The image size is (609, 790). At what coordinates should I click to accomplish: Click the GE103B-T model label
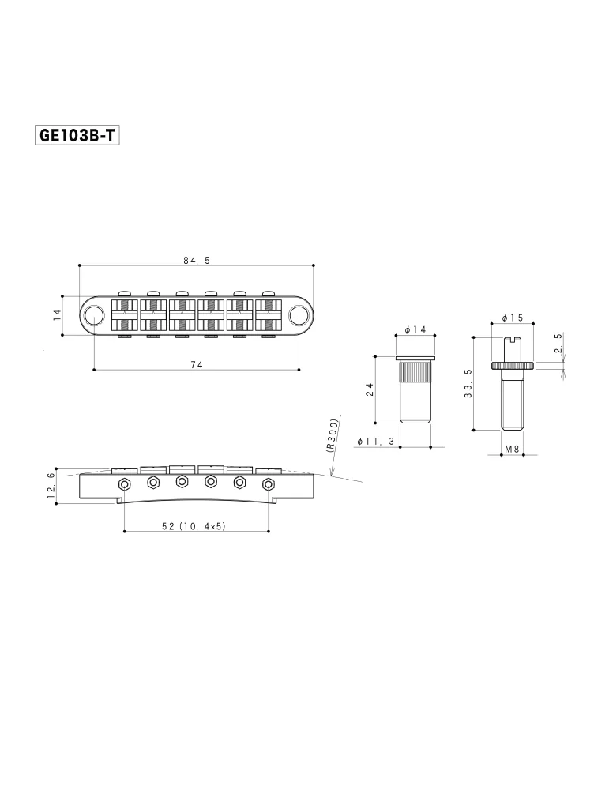coord(77,135)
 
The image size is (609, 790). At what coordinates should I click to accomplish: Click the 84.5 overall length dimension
coord(197,261)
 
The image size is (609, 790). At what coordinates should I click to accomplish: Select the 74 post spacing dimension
coord(197,364)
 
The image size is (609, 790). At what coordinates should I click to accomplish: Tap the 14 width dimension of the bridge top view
coord(57,315)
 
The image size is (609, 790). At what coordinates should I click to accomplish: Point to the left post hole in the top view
coord(93,315)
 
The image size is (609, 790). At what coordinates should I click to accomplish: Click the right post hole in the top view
coord(299,315)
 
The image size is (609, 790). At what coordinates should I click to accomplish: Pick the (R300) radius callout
coord(333,435)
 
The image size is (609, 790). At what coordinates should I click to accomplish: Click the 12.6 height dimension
coord(51,486)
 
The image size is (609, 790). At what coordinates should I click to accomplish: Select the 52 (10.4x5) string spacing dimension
coord(194,526)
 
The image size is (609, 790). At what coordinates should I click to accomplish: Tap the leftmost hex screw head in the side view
coord(124,484)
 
